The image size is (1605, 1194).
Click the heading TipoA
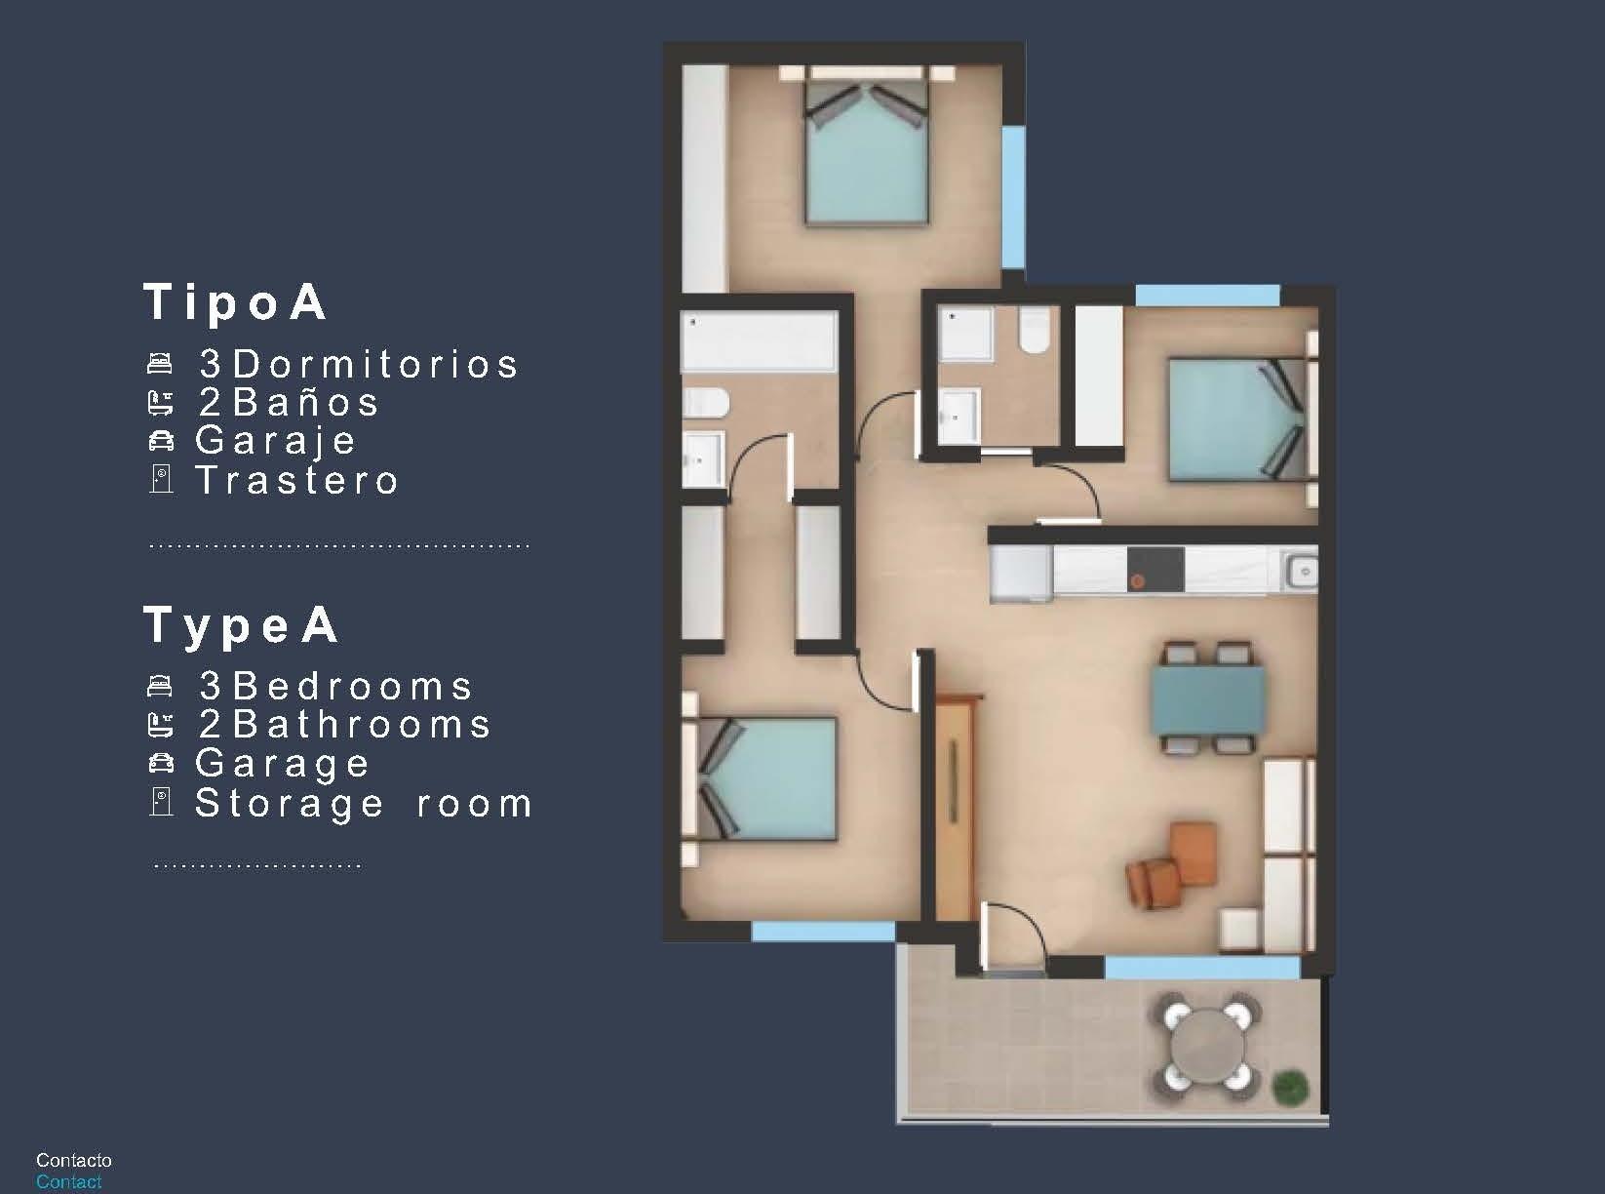click(236, 302)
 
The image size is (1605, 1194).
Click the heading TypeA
click(242, 625)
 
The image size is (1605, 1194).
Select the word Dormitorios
click(375, 364)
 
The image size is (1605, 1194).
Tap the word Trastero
click(297, 480)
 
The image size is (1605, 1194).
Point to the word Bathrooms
click(362, 725)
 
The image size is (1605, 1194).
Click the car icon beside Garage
click(161, 763)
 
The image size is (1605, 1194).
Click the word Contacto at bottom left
click(74, 1160)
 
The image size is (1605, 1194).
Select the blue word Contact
click(68, 1181)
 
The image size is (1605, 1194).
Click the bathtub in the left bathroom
click(760, 340)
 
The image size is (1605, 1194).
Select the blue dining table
click(1208, 699)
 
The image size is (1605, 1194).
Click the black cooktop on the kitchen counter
click(1155, 569)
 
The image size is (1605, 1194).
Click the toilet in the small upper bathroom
click(1034, 332)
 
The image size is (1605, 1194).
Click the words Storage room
click(364, 803)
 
